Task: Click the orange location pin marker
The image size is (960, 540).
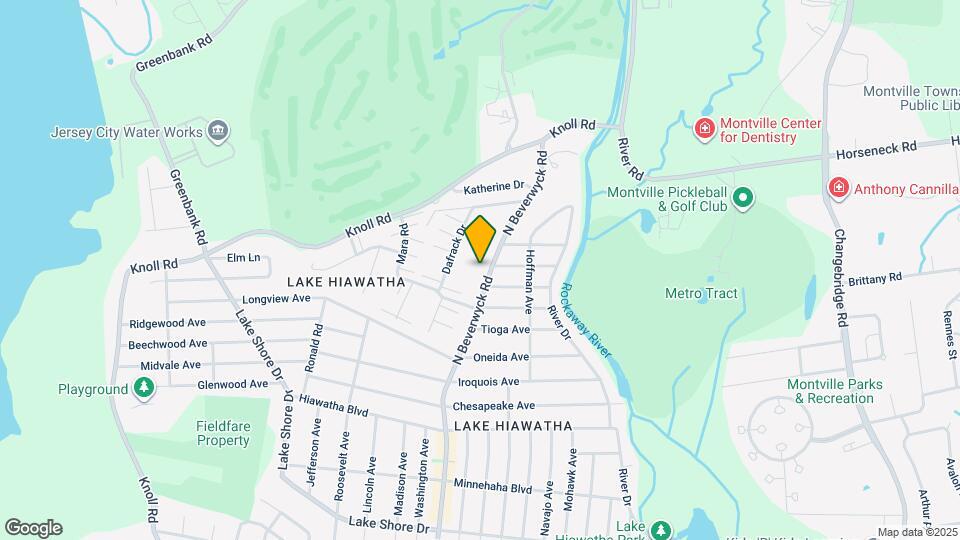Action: tap(481, 238)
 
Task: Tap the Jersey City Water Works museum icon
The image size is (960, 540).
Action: tap(218, 131)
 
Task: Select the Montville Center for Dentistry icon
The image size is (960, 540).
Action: tap(704, 129)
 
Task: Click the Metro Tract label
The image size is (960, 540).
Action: tap(700, 293)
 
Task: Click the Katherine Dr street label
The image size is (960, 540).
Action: tap(494, 187)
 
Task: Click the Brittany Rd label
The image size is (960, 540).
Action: tap(876, 279)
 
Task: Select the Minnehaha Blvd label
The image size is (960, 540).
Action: tap(492, 488)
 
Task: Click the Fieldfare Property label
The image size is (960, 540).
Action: tap(222, 433)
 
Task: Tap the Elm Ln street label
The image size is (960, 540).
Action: tap(243, 258)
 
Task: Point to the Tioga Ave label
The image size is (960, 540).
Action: tap(505, 329)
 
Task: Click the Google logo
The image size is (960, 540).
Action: tap(33, 528)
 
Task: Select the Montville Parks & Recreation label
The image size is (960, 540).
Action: tap(830, 391)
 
